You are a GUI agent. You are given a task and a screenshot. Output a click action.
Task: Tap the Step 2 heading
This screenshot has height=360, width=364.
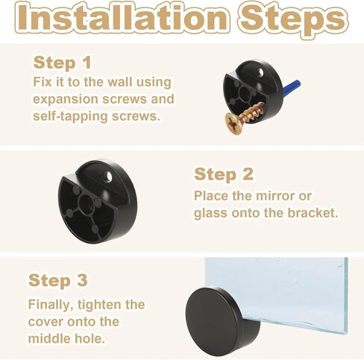coord(224,174)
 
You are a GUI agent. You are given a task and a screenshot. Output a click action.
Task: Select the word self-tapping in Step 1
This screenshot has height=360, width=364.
coord(66,116)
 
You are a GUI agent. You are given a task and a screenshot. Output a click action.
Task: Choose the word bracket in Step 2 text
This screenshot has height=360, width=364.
coord(312,213)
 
